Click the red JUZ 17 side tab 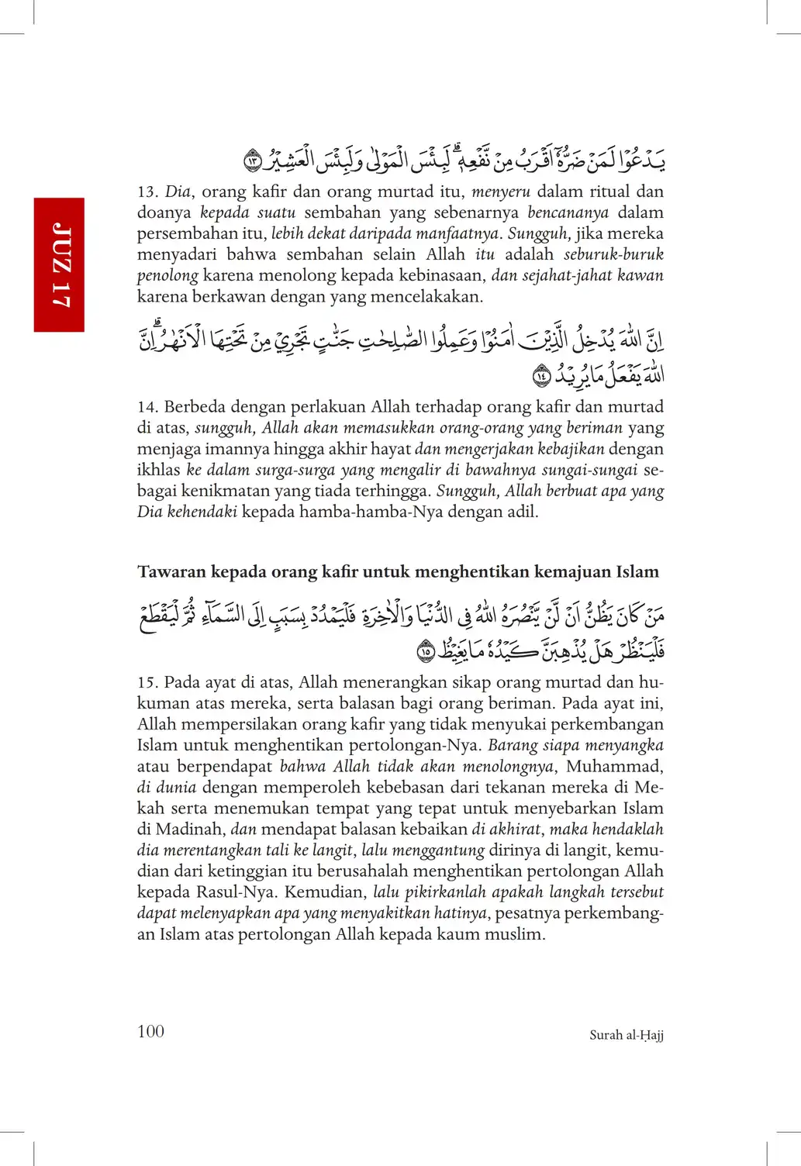(59, 264)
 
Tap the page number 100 (150, 1031)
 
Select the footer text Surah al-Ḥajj (626, 1035)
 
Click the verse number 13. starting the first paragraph (147, 191)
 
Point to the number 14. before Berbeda (147, 407)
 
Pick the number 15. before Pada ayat (147, 683)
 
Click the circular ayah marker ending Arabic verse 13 (253, 161)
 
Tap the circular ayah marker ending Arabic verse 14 (542, 377)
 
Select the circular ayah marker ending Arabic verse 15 (426, 651)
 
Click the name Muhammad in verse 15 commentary (614, 767)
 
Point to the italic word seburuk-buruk (613, 254)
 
